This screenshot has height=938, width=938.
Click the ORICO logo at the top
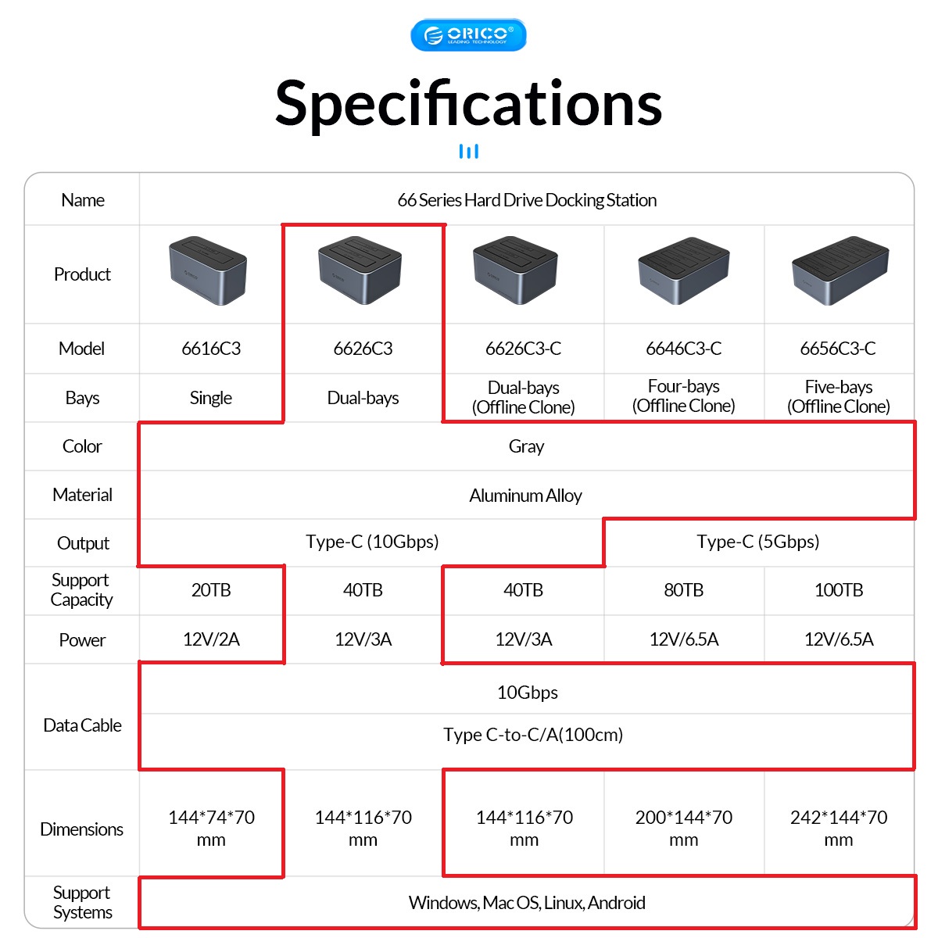[468, 35]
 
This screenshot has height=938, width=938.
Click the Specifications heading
[468, 103]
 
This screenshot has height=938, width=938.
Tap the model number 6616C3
[211, 349]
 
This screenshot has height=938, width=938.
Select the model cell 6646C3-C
[683, 349]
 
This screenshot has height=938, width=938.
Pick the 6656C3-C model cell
[838, 349]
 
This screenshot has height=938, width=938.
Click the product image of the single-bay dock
[208, 270]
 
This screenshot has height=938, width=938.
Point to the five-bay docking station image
[840, 270]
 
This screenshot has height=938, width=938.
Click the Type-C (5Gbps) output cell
[757, 542]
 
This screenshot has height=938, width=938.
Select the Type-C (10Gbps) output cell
[372, 542]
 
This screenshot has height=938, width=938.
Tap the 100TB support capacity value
[839, 590]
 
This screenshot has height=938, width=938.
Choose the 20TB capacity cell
[211, 590]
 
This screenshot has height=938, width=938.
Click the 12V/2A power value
[211, 639]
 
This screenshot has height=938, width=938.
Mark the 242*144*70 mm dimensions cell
[839, 828]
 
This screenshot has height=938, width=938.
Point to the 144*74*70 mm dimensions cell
[211, 828]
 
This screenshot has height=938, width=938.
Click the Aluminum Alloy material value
[525, 496]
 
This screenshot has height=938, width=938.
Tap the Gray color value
[526, 446]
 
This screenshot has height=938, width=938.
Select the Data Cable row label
[82, 725]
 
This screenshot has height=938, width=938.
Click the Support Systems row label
[82, 902]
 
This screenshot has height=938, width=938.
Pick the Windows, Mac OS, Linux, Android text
[527, 903]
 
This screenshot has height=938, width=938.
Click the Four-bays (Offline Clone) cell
[683, 396]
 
